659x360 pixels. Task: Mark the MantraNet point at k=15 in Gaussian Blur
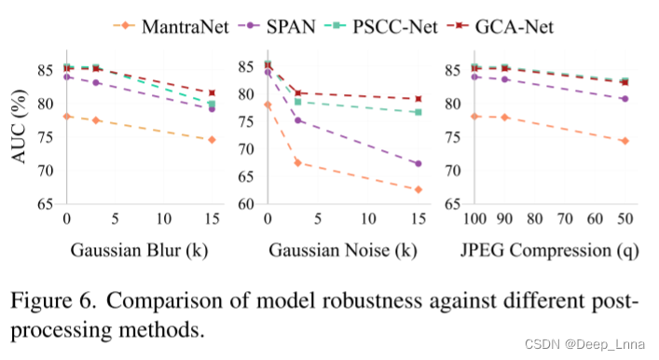(213, 140)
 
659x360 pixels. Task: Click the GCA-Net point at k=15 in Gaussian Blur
(213, 93)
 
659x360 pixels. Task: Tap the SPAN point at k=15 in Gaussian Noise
(418, 163)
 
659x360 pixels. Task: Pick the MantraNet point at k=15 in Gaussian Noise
(418, 189)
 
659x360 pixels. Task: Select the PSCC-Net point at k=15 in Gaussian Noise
(418, 112)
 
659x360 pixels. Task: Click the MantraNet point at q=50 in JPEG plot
(624, 141)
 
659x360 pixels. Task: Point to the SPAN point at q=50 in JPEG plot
(624, 99)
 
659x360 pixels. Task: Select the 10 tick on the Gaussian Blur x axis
(164, 219)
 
